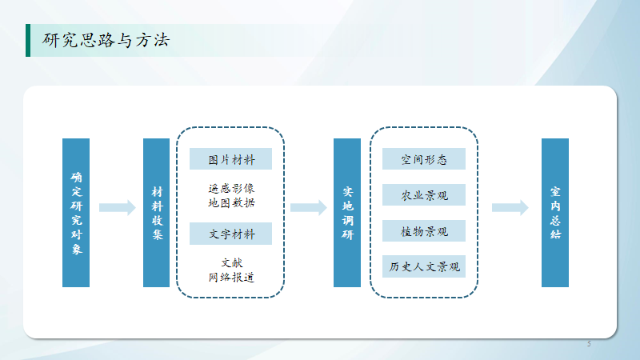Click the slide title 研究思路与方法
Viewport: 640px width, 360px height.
click(x=106, y=40)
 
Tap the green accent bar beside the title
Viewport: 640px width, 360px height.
click(x=28, y=40)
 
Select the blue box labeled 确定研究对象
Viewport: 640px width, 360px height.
click(x=76, y=213)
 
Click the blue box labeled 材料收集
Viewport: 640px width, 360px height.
click(x=156, y=213)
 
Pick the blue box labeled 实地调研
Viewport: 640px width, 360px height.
click(x=347, y=213)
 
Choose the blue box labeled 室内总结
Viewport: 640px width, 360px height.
click(x=555, y=213)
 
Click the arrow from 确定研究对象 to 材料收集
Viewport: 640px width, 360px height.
click(x=118, y=208)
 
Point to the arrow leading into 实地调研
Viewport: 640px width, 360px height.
click(x=309, y=208)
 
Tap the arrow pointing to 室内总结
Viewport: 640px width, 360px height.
click(x=510, y=208)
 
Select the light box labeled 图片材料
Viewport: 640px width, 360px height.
click(x=230, y=158)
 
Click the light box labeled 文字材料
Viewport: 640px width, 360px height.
click(x=230, y=234)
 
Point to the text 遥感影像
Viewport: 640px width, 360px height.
click(x=231, y=189)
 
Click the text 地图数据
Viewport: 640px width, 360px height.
click(x=231, y=203)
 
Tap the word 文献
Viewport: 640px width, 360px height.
click(x=232, y=263)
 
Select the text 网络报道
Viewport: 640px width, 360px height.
click(x=231, y=278)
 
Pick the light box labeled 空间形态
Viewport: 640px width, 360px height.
click(x=424, y=158)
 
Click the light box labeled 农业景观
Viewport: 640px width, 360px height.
click(x=424, y=194)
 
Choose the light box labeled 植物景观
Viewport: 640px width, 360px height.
click(x=424, y=230)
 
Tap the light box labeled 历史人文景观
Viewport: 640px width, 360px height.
click(x=424, y=266)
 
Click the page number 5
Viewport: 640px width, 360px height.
click(x=589, y=344)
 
